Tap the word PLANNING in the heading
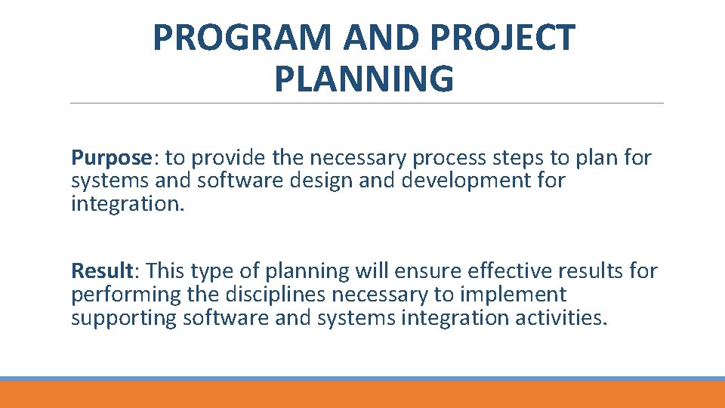pyautogui.click(x=364, y=79)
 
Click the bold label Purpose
pyautogui.click(x=112, y=158)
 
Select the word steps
pyautogui.click(x=524, y=158)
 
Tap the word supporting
pyautogui.click(x=124, y=318)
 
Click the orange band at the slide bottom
pyautogui.click(x=362, y=394)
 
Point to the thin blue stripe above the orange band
pyautogui.click(x=362, y=379)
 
